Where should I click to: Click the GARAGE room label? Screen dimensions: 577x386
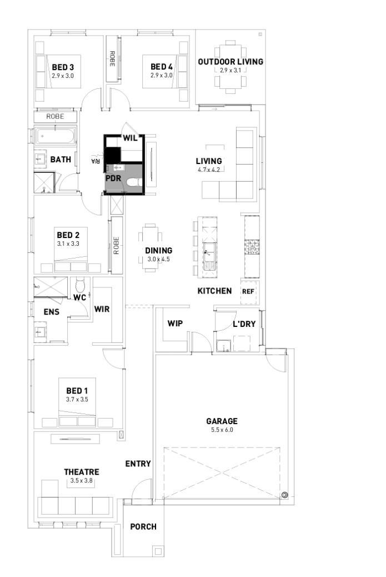222,421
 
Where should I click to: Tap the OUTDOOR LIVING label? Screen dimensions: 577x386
230,62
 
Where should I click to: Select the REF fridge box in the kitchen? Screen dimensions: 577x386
248,291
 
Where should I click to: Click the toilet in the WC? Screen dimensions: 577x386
80,286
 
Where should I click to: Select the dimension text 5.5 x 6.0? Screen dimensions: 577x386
222,430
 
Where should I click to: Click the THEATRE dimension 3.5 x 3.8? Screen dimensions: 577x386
81,481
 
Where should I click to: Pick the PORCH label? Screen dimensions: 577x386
143,526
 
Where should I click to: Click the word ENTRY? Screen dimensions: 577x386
138,464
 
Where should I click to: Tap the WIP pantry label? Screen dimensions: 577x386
175,324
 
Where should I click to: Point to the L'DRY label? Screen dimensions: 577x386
244,324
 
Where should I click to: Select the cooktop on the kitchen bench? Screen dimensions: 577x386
252,247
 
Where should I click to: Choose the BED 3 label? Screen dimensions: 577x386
63,67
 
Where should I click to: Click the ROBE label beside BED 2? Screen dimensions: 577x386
117,245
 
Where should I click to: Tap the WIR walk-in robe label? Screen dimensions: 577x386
102,309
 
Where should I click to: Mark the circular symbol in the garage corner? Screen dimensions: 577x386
284,495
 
